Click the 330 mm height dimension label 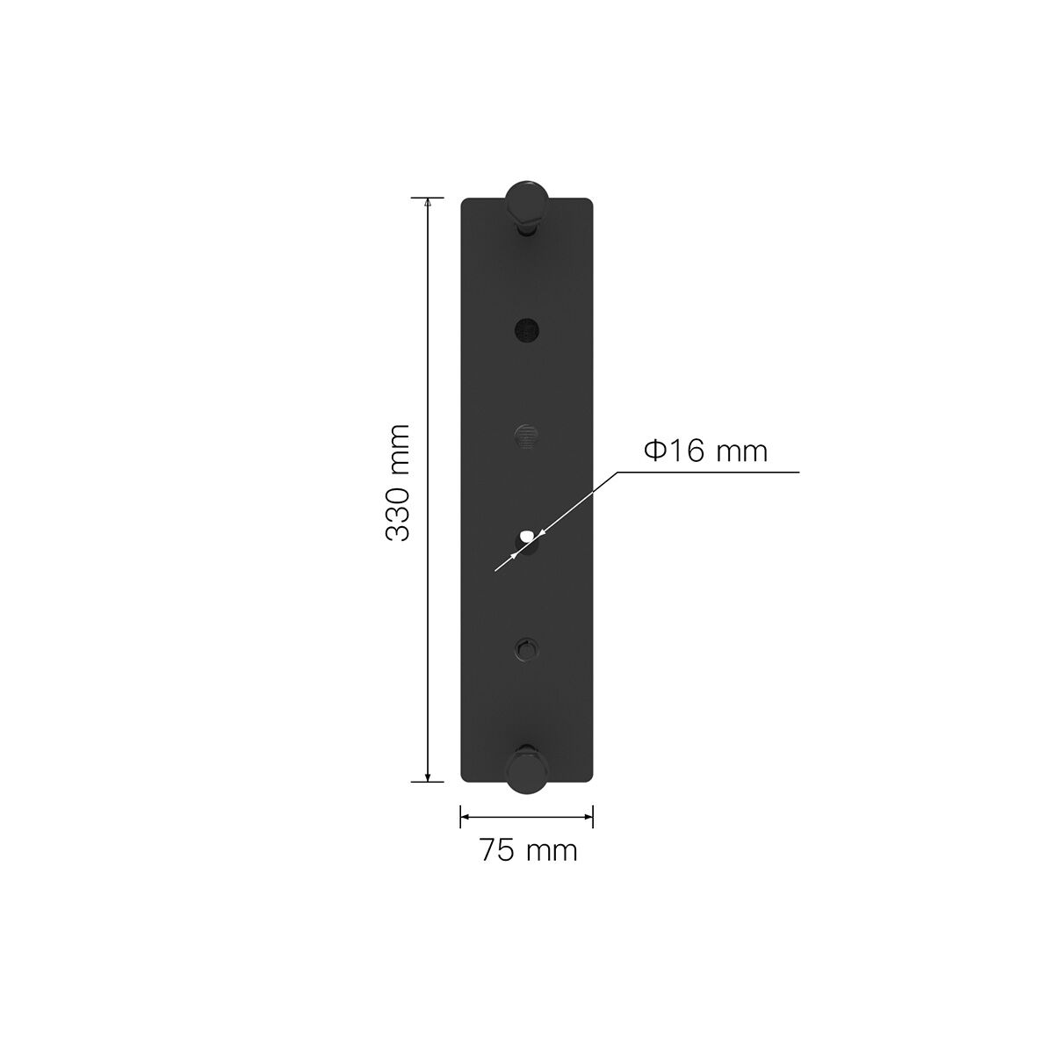398,482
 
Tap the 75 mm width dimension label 528,850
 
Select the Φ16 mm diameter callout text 705,451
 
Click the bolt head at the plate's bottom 527,770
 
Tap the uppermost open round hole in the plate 527,329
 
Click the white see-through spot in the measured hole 526,535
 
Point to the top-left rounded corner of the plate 466,203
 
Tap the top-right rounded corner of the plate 589,203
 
